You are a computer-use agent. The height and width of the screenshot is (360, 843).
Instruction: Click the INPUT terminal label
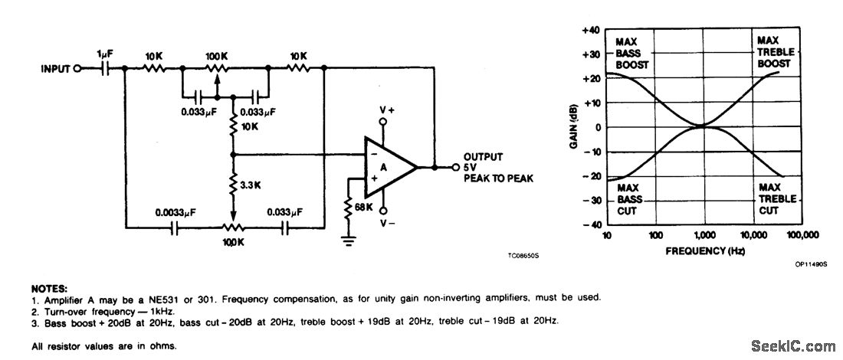coord(54,69)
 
